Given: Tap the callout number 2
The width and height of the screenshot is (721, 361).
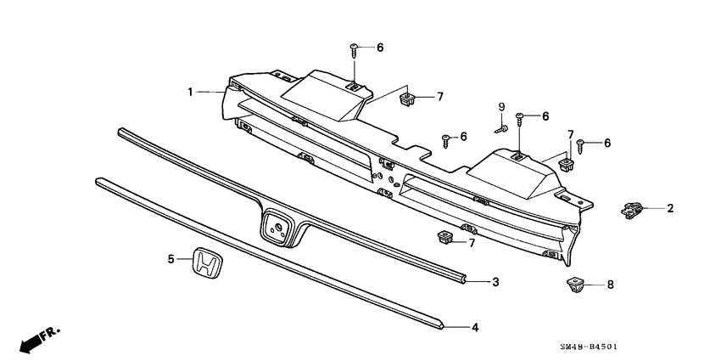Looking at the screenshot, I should (670, 207).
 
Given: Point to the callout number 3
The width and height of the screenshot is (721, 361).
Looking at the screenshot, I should (496, 280).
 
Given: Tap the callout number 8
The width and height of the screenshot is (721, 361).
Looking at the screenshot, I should (609, 285).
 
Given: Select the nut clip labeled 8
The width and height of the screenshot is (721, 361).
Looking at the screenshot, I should (574, 284).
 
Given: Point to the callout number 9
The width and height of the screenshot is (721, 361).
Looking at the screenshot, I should (501, 107).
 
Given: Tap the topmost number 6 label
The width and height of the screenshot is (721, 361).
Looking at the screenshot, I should (380, 48).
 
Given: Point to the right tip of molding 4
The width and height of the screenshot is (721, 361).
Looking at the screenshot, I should (442, 323).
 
